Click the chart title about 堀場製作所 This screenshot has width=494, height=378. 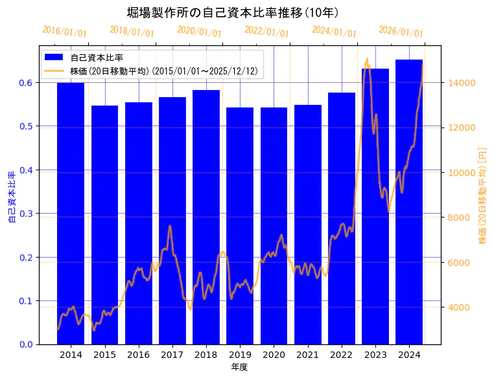pos(232,12)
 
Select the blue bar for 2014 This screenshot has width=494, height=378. pos(71,214)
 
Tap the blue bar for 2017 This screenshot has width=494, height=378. pos(172,220)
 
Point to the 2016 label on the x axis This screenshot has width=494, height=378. pos(138,355)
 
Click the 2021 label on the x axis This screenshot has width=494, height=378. pos(307,355)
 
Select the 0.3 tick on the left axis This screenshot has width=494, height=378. pos(25,214)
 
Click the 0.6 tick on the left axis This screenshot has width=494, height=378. pos(25,83)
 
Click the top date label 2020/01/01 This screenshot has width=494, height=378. pos(199,31)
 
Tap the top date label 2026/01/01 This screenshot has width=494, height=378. pos(401,31)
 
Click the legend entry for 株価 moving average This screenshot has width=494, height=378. pos(166,71)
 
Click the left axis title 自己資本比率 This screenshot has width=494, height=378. pos(11,197)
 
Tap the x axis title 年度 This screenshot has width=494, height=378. pos(240,367)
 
